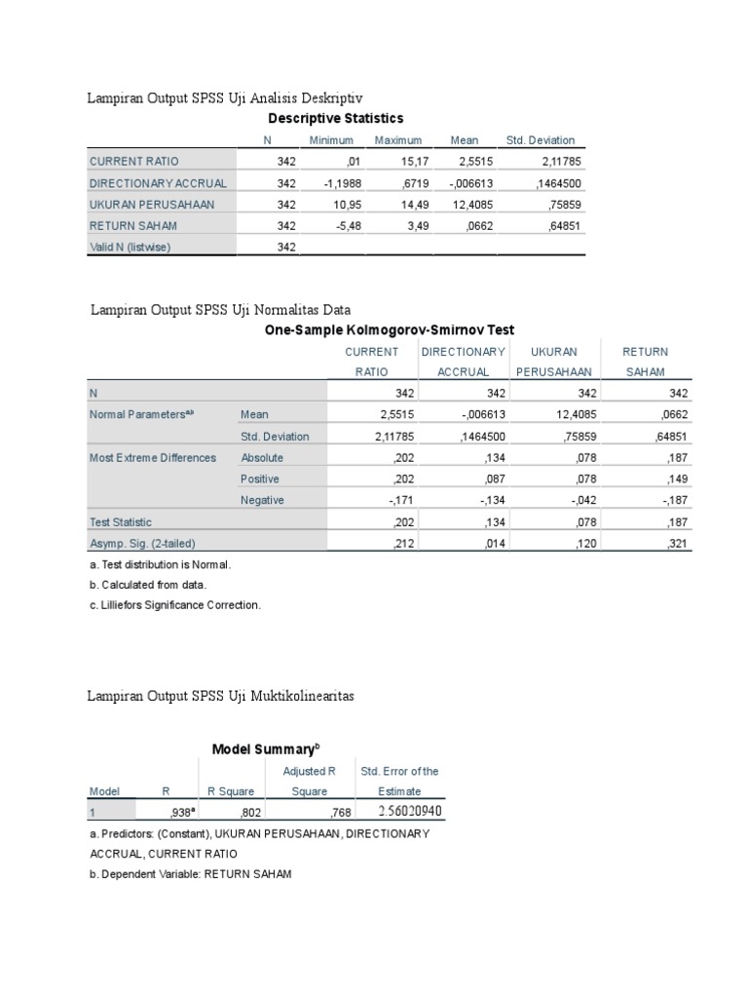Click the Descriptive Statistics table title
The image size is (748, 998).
pyautogui.click(x=335, y=119)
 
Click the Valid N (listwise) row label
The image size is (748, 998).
pyautogui.click(x=130, y=248)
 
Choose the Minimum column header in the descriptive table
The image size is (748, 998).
pyautogui.click(x=331, y=140)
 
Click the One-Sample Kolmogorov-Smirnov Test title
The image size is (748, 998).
pyautogui.click(x=390, y=331)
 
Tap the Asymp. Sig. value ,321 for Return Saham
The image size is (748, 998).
pyautogui.click(x=677, y=544)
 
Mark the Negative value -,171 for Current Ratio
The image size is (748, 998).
pyautogui.click(x=402, y=501)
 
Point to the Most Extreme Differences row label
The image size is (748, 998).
pyautogui.click(x=153, y=458)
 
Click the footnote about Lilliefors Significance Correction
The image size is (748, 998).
pyautogui.click(x=174, y=605)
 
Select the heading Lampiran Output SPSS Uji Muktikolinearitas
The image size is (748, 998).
pyautogui.click(x=221, y=696)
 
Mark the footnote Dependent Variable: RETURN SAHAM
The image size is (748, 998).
pyautogui.click(x=189, y=874)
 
